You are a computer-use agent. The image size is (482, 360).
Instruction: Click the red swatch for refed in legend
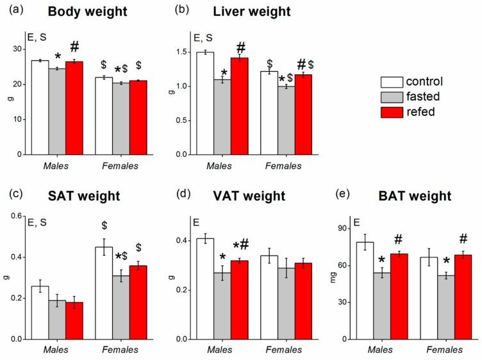click(x=391, y=112)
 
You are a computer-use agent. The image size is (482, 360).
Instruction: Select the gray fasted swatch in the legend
click(x=391, y=97)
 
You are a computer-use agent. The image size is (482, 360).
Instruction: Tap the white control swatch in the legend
click(x=391, y=81)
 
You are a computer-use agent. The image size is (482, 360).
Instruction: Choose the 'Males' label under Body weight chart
click(x=57, y=166)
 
